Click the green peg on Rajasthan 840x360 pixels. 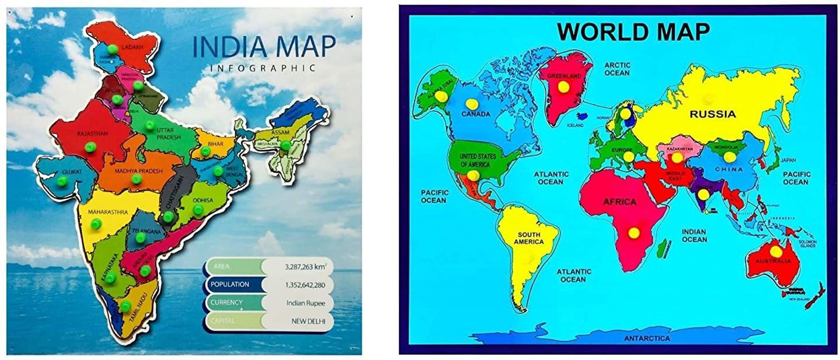(89, 147)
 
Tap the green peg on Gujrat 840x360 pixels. (62, 181)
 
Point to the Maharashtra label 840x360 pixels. (107, 212)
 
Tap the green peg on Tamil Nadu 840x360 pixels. (125, 306)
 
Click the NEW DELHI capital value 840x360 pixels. (308, 321)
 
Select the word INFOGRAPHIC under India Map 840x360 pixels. (262, 68)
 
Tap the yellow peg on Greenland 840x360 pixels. (563, 86)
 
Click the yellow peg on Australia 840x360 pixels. (775, 251)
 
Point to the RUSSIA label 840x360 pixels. (712, 114)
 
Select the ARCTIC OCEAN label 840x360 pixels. (617, 69)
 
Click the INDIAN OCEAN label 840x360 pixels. (694, 235)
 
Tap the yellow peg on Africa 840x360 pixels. (633, 232)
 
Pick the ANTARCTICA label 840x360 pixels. (647, 338)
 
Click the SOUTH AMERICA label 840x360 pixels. (527, 238)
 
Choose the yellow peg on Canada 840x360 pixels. (471, 103)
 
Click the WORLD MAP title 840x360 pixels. (633, 32)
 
